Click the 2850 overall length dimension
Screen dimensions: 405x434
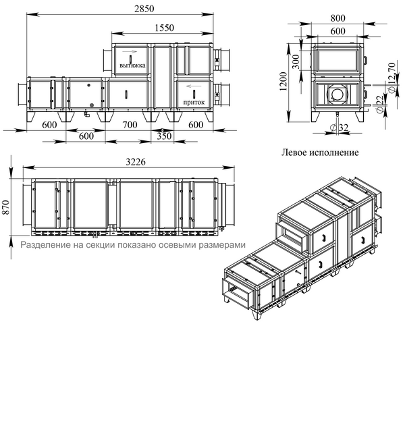click(x=144, y=9)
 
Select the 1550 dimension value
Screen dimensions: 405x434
click(x=164, y=28)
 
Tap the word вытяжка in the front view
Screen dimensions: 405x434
click(x=132, y=65)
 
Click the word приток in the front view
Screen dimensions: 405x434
click(x=194, y=102)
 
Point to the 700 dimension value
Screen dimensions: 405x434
click(x=130, y=125)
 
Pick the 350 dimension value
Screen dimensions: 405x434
click(x=164, y=136)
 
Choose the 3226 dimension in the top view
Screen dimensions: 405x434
click(x=136, y=162)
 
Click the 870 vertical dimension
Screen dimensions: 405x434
click(x=6, y=207)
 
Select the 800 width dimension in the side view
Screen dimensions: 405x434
click(x=337, y=18)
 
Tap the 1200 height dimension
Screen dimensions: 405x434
click(x=283, y=82)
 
